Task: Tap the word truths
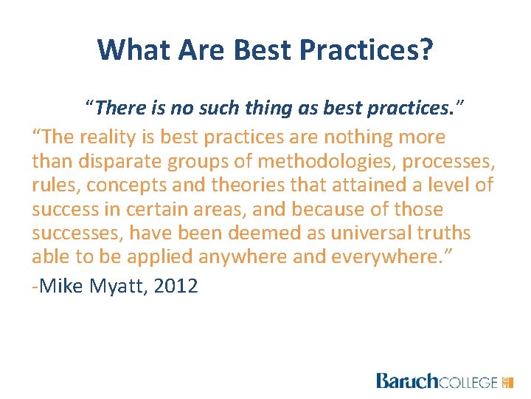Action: pos(444,233)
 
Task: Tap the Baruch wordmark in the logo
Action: pos(407,381)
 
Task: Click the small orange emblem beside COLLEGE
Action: pos(507,382)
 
